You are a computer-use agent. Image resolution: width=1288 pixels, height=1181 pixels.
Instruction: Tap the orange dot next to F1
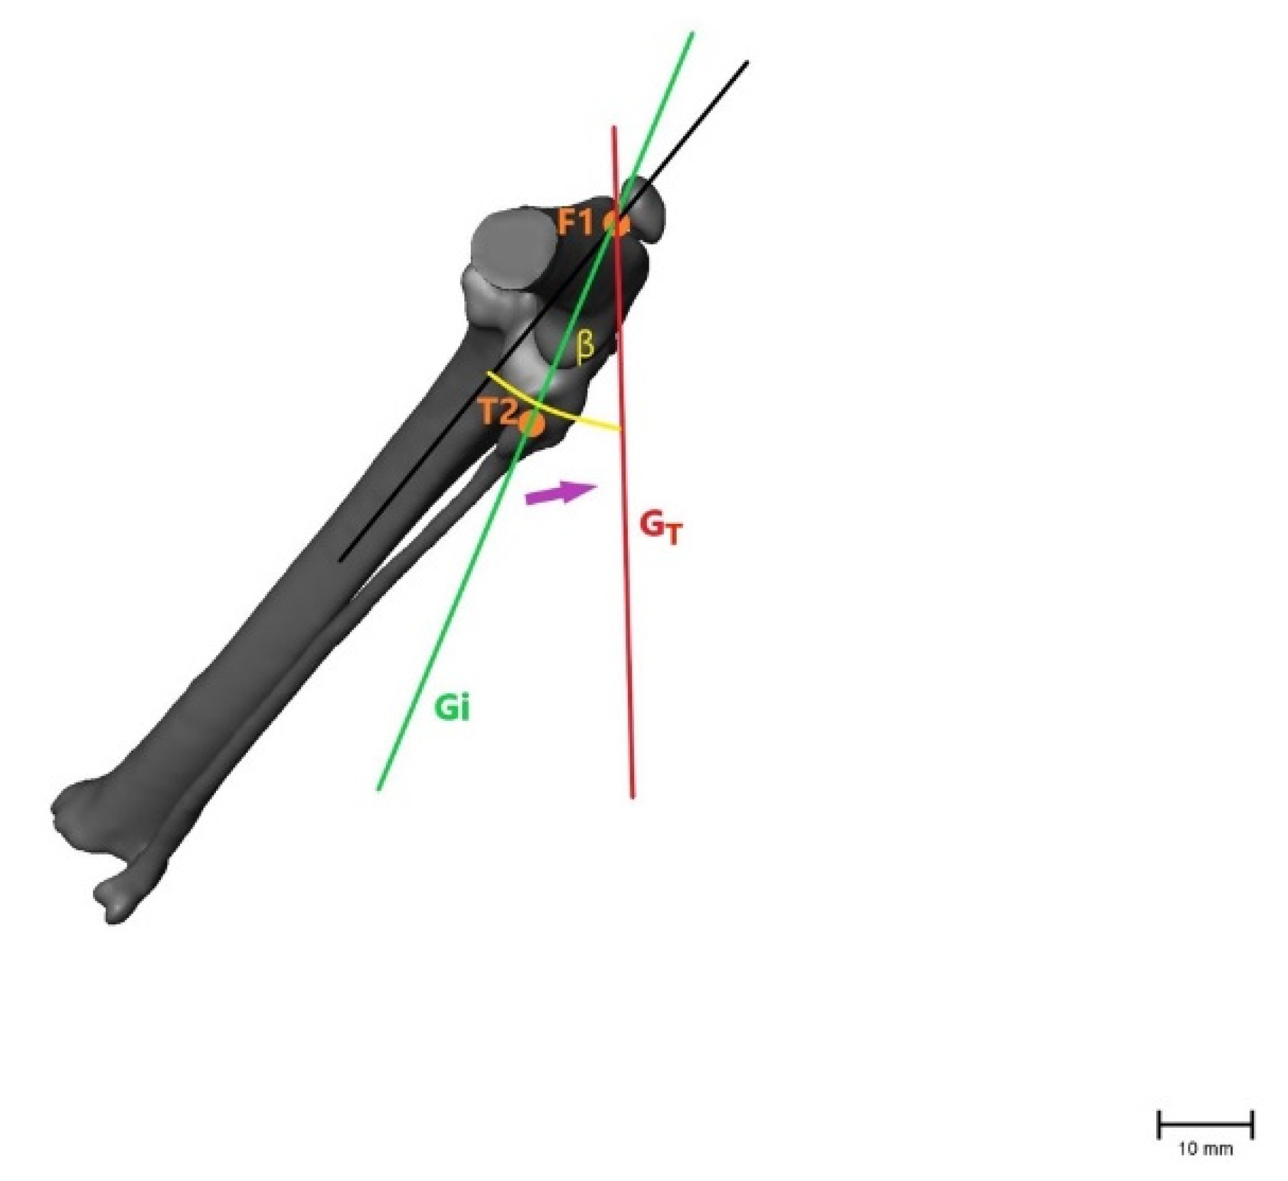tap(617, 224)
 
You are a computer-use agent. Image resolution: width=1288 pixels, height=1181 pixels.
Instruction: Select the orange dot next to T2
tap(532, 424)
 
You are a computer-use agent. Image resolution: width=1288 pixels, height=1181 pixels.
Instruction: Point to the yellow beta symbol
tap(585, 347)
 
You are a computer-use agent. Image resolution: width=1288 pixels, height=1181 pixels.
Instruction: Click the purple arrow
tap(561, 494)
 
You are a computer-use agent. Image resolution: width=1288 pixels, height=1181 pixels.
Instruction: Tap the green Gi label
tap(452, 708)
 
